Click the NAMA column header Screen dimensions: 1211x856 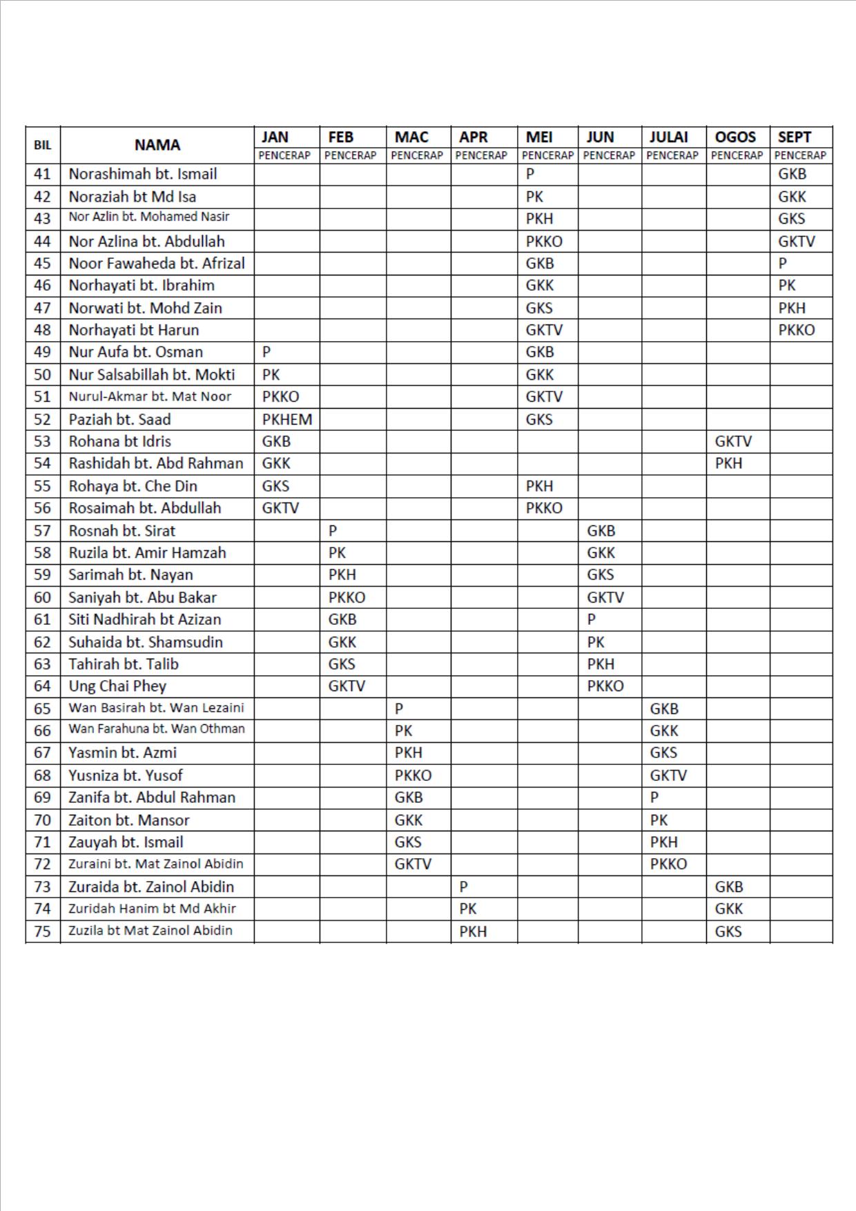coord(157,145)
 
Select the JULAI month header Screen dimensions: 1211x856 coord(668,137)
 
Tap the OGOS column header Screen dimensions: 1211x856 coord(735,137)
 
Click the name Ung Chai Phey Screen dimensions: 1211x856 coord(117,686)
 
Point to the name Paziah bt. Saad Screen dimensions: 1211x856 coord(119,419)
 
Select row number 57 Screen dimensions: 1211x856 coord(43,531)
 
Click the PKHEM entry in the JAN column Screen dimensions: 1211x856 coord(287,419)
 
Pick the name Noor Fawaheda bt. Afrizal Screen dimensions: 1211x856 coord(157,263)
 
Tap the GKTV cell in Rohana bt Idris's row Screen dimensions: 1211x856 coord(733,441)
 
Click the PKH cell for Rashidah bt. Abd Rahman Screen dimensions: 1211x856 coord(728,463)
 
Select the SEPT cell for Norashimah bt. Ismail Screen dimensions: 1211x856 coord(792,174)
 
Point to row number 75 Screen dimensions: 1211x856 coord(43,931)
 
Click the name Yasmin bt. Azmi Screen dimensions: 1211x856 coord(122,753)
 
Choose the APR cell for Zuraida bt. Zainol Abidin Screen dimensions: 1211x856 coord(464,887)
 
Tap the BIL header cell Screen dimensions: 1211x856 coord(43,145)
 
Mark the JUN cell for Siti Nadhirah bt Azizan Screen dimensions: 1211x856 coord(592,619)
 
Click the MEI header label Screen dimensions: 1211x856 coord(539,137)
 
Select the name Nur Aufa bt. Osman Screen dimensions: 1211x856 coord(135,352)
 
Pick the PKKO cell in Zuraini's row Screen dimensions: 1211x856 coord(668,864)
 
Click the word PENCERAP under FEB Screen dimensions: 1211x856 coord(350,155)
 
